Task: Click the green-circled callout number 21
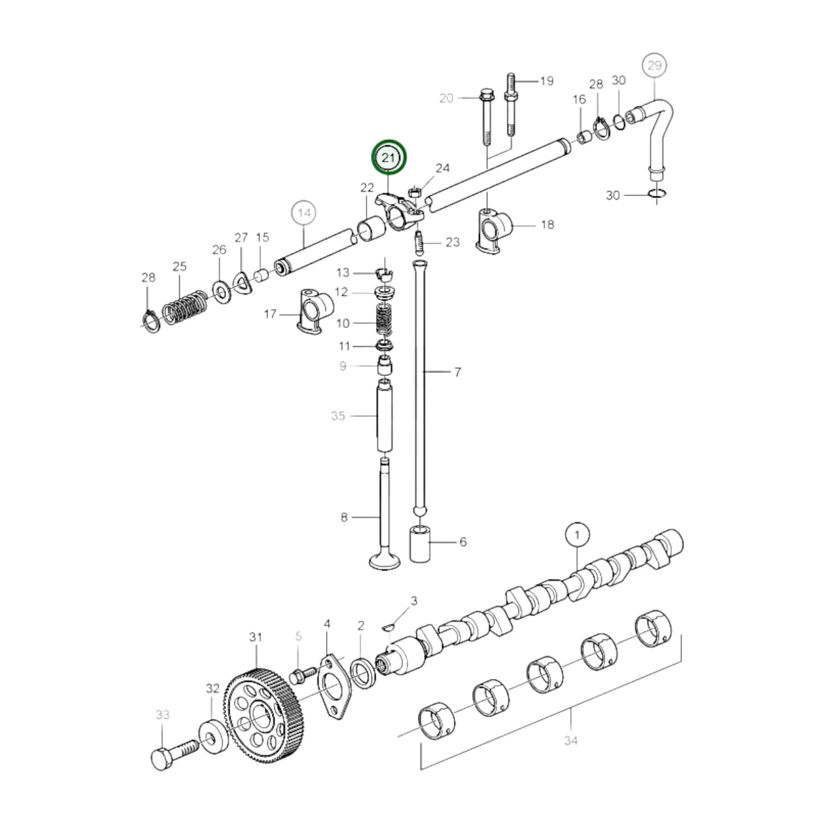coord(389,157)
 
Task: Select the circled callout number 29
coord(654,66)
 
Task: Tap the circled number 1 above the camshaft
coord(577,535)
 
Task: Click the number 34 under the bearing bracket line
coord(570,740)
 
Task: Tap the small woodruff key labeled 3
coord(388,627)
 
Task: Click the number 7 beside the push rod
coord(457,372)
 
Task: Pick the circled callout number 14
coord(304,213)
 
